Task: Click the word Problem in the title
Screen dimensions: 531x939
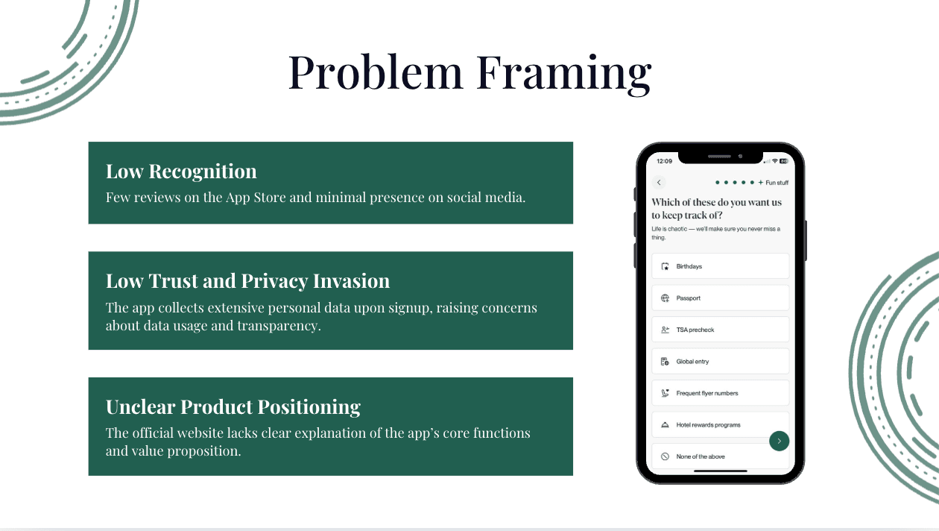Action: (376, 72)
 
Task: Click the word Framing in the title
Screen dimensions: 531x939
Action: (563, 72)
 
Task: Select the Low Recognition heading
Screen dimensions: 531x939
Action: (181, 172)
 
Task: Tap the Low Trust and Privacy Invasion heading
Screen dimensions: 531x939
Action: (247, 281)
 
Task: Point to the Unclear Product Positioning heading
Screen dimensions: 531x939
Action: (233, 407)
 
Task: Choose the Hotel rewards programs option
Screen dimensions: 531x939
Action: (708, 425)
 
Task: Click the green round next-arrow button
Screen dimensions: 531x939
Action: (779, 441)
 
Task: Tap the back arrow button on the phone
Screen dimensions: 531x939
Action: (659, 183)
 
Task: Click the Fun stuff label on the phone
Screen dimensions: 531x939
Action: (777, 183)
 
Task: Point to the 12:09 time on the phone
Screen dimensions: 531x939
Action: (664, 161)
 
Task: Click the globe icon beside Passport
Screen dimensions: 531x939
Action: (665, 298)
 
